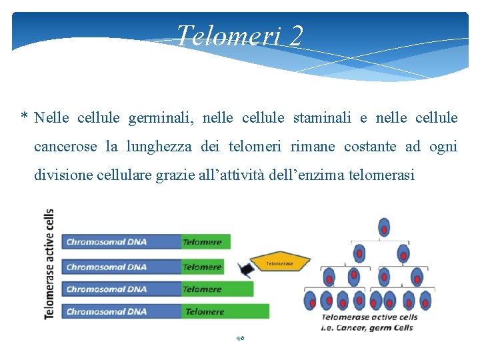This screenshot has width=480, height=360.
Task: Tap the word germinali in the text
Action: coord(158,118)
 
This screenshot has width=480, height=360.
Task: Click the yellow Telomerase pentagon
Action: coord(280,263)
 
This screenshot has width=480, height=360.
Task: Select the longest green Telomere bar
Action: coord(225,311)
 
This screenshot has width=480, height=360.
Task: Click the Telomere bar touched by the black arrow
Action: coord(203,267)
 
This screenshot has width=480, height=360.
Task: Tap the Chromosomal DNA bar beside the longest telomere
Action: coord(121,311)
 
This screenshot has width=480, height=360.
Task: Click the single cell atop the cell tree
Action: coord(384,227)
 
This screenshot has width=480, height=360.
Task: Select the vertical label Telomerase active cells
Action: coord(49,264)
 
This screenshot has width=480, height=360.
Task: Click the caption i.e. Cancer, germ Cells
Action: coord(367,327)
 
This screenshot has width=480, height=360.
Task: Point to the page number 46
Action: coord(240,339)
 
